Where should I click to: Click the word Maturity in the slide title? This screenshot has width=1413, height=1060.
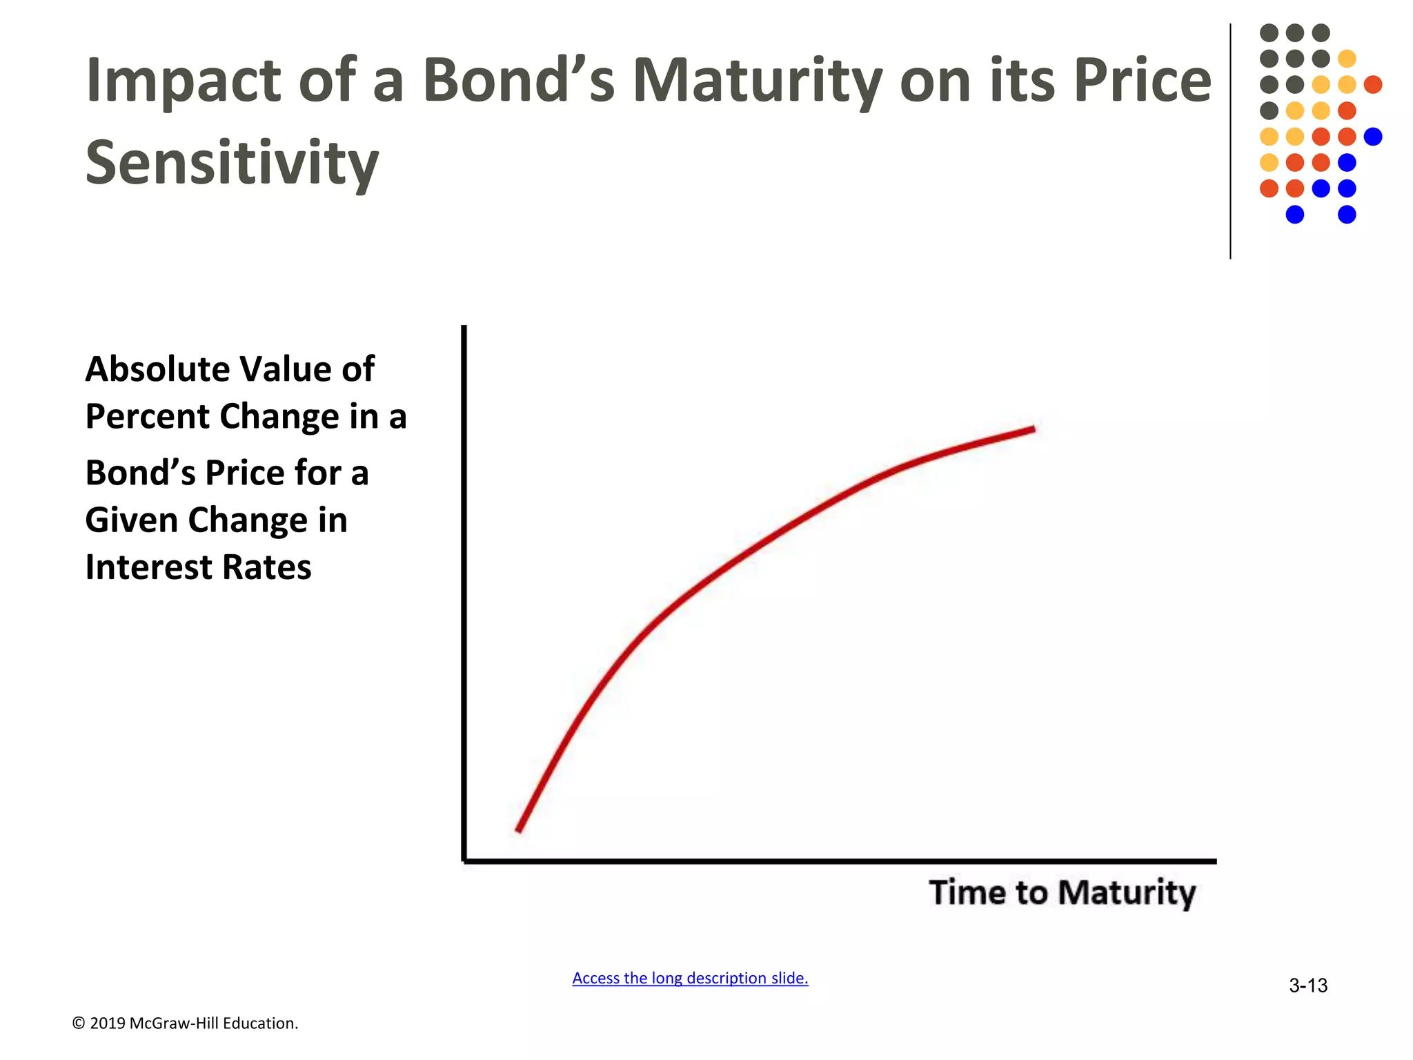point(757,81)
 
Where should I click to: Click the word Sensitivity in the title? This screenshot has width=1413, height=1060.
point(232,163)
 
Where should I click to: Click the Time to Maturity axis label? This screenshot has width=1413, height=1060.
point(1062,892)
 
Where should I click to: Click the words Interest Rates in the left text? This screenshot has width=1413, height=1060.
point(198,567)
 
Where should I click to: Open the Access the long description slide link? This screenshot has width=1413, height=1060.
point(690,978)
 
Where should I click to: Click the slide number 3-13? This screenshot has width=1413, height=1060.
point(1307,985)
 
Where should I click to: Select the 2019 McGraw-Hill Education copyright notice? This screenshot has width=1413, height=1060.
point(185,1023)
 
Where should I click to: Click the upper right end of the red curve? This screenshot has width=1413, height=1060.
point(1032,429)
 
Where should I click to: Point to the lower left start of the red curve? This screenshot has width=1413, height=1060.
point(519,830)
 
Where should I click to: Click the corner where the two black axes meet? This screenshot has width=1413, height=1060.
point(464,861)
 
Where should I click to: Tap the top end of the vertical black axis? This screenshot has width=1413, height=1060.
point(464,328)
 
